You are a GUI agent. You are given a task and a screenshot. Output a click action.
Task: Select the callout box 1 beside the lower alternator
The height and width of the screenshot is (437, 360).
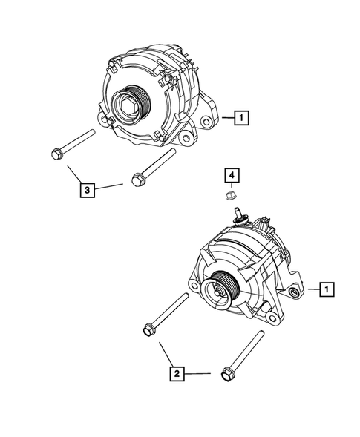(x=327, y=289)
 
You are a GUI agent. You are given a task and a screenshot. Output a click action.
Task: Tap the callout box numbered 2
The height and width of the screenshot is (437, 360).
(x=176, y=375)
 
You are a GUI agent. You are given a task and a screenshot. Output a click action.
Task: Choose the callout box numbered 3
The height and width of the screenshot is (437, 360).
(x=88, y=191)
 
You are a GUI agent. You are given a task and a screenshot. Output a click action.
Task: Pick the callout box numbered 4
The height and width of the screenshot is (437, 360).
(x=232, y=175)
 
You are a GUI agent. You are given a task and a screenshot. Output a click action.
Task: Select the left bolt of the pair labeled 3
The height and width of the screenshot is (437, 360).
(x=72, y=145)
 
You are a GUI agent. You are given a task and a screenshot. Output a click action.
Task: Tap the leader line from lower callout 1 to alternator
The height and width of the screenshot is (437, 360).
(x=312, y=289)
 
